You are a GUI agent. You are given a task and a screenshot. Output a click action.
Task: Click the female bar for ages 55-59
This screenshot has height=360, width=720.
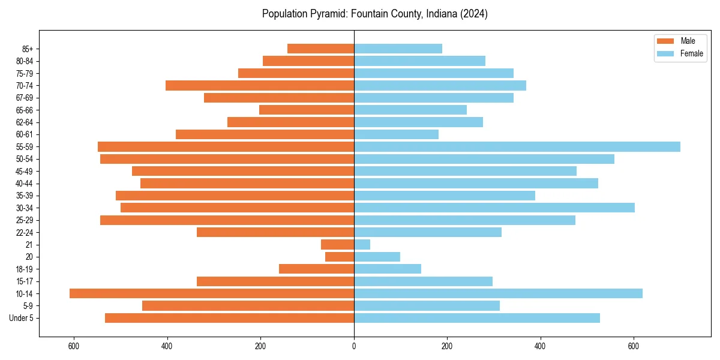pyautogui.click(x=517, y=146)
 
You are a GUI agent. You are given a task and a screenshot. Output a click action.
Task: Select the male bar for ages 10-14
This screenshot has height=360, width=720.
pyautogui.click(x=212, y=293)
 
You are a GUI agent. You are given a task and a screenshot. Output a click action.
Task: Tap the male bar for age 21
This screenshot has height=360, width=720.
pyautogui.click(x=337, y=244)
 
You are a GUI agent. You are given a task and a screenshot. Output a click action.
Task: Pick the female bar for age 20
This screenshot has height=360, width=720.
pyautogui.click(x=377, y=257)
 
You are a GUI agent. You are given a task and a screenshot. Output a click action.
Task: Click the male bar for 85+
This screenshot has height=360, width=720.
pyautogui.click(x=320, y=49)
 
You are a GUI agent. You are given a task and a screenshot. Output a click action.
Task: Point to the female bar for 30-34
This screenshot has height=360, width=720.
pyautogui.click(x=494, y=208)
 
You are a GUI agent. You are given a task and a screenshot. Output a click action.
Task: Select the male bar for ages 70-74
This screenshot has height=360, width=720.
pyautogui.click(x=260, y=85)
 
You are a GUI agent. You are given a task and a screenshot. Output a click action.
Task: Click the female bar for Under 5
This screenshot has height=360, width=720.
pyautogui.click(x=476, y=318)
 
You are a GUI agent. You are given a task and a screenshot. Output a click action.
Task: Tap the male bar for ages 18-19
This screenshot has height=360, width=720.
pyautogui.click(x=316, y=269)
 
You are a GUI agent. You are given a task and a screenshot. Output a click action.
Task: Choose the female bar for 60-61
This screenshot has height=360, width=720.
pyautogui.click(x=396, y=134)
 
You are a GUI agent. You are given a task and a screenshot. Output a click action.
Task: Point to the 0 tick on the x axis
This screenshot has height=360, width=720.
pyautogui.click(x=354, y=346)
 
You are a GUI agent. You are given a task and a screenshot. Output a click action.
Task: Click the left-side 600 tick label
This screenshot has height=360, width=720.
pyautogui.click(x=74, y=346)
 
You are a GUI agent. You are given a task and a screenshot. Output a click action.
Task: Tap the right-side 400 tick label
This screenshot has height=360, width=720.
pyautogui.click(x=540, y=346)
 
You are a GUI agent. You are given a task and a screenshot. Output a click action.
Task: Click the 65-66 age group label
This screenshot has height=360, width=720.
pyautogui.click(x=25, y=110)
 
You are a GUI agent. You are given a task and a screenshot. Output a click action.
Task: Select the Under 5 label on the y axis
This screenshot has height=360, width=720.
pyautogui.click(x=22, y=318)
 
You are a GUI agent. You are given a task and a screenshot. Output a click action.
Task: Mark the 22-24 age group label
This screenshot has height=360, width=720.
pyautogui.click(x=25, y=232)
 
